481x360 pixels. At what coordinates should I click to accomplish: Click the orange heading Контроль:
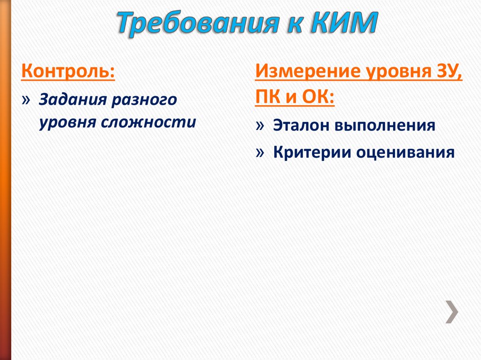(68, 73)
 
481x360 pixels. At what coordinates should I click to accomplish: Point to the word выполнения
(385, 126)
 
